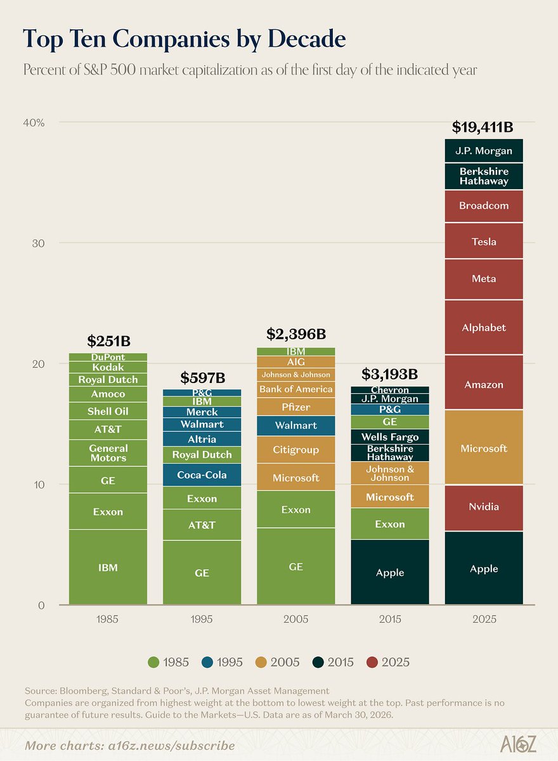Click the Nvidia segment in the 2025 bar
coord(484,507)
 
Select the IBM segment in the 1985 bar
coord(108,568)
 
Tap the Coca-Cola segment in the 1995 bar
coord(202,475)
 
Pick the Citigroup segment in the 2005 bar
coord(295,450)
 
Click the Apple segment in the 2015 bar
coord(389,573)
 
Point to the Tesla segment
coord(484,242)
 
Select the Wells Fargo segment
coord(389,437)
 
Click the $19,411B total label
coord(483,127)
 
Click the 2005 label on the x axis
coord(295,619)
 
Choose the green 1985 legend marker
coord(153,662)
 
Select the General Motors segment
coord(108,453)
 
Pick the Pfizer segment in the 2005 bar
coord(295,407)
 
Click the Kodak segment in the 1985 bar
coord(108,367)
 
